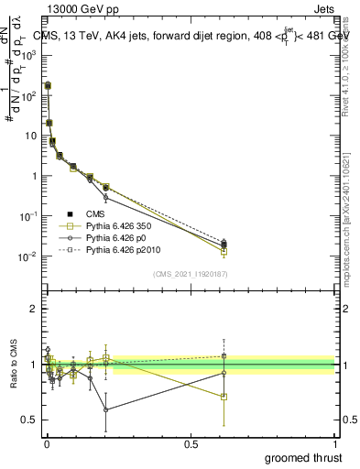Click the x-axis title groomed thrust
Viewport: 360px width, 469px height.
point(303,457)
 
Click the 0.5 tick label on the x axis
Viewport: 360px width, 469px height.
point(191,443)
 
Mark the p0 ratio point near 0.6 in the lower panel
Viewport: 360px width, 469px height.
point(106,409)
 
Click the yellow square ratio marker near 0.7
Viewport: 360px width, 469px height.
point(224,397)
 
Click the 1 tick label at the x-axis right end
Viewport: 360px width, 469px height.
point(334,443)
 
